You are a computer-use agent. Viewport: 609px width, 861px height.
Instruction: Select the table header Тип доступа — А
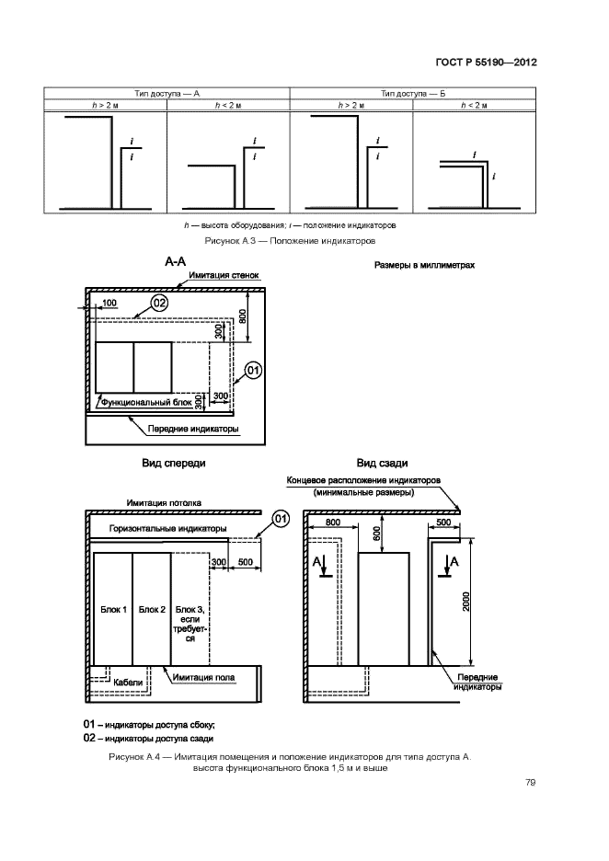167,94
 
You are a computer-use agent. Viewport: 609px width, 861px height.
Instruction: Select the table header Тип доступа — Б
413,94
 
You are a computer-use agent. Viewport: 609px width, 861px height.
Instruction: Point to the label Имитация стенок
225,275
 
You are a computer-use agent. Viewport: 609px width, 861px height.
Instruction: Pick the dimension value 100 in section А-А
109,302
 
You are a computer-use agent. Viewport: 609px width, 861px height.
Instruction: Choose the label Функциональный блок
148,402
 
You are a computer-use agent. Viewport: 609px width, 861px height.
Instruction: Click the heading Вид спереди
174,464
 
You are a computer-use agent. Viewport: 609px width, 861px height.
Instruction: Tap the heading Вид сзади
382,464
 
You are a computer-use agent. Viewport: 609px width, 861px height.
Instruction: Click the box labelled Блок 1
112,609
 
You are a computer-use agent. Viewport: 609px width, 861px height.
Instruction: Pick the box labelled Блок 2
152,609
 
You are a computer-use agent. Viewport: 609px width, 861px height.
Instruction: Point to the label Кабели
128,682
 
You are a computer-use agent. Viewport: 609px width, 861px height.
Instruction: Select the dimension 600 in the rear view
375,533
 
